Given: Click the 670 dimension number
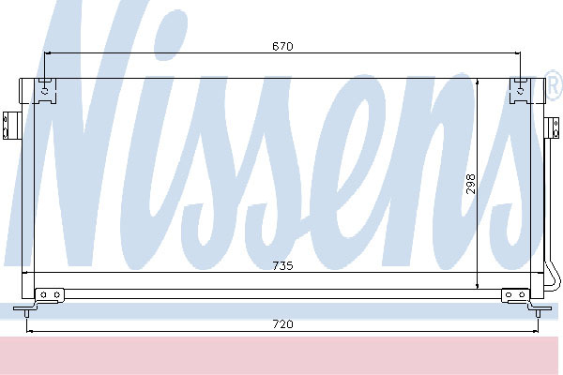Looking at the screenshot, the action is click(x=282, y=46).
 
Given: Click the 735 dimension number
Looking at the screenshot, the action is click(x=282, y=266).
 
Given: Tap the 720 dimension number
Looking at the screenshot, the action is click(x=283, y=324).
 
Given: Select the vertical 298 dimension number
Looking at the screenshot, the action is click(x=470, y=184).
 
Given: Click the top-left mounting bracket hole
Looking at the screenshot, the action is click(x=44, y=91).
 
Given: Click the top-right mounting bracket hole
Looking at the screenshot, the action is click(x=520, y=91).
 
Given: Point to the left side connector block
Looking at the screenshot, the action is click(x=8, y=126).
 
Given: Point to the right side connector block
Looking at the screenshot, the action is click(x=554, y=127).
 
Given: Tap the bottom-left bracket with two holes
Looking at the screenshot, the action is click(x=50, y=295).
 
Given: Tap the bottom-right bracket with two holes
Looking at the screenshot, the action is click(x=515, y=295).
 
